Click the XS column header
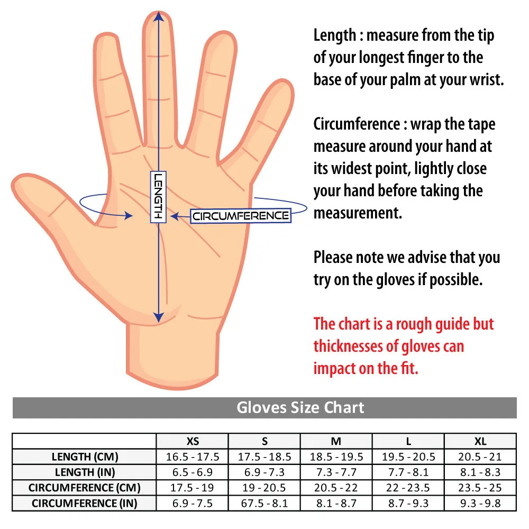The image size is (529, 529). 193,441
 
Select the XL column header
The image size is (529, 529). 480,441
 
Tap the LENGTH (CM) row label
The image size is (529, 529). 85,457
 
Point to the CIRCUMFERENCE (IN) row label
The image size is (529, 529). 85,503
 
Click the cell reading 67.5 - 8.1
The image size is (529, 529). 264,503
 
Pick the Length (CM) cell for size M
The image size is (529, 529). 336,457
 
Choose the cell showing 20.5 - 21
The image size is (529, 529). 480,457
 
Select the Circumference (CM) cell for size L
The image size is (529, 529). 408,488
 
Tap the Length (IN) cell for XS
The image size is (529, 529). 193,472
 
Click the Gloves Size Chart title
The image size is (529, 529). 300,408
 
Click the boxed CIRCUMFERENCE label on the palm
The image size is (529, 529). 241,216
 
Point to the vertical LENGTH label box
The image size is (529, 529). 158,197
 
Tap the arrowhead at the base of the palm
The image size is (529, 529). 158,317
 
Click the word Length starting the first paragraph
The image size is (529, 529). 334,35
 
